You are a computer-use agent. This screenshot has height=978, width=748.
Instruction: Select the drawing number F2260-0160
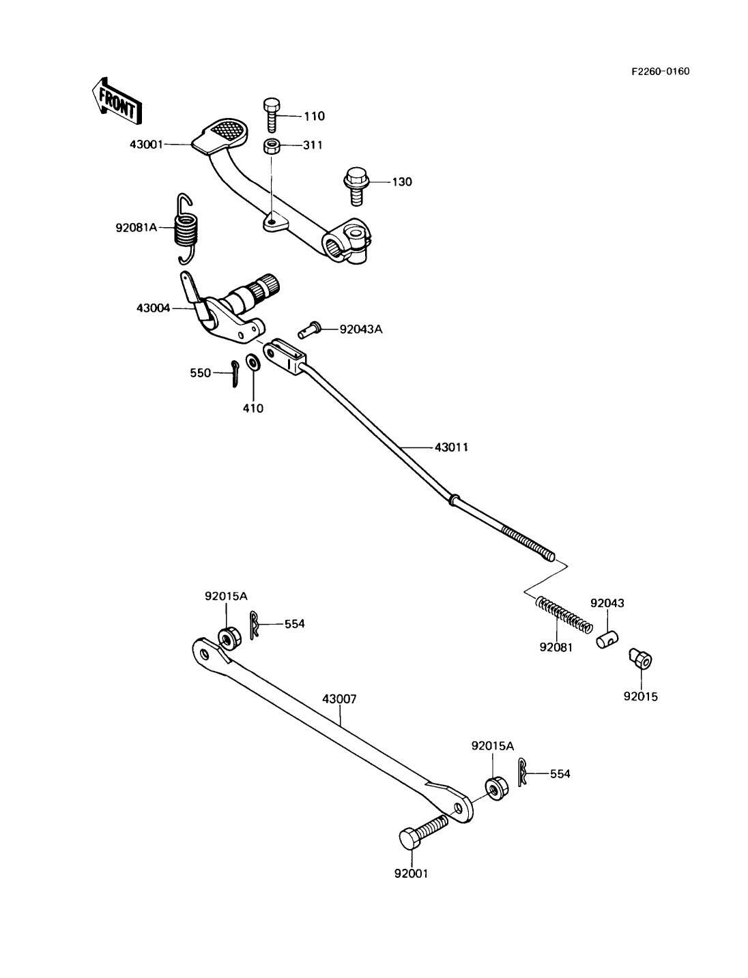[x=660, y=71]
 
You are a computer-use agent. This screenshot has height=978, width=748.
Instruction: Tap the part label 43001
[x=147, y=145]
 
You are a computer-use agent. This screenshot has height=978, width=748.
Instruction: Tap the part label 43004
[x=154, y=308]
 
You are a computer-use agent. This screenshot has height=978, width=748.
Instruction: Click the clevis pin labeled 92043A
[x=311, y=329]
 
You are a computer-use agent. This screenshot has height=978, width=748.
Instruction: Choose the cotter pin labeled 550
[x=233, y=373]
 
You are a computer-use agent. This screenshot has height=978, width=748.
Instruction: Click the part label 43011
[x=452, y=447]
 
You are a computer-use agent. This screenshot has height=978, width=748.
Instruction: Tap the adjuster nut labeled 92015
[x=640, y=659]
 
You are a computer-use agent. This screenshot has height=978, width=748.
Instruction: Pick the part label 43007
[x=339, y=699]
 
